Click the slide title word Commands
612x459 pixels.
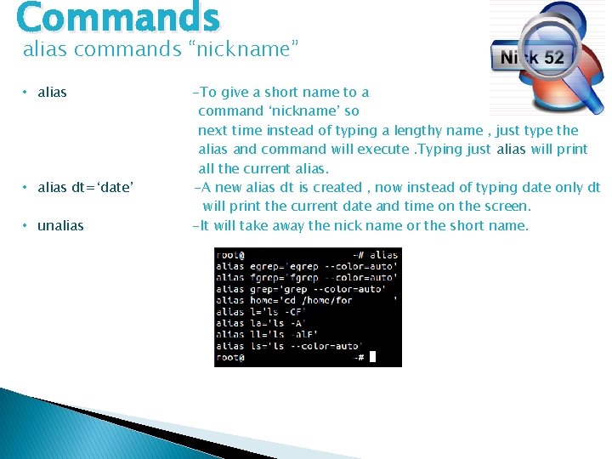point(117,17)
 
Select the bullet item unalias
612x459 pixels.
point(60,225)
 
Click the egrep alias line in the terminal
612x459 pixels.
point(306,266)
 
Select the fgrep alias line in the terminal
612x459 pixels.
point(306,277)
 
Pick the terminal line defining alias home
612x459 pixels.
point(306,300)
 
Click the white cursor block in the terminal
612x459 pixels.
point(372,358)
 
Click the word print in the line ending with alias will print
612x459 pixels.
point(570,150)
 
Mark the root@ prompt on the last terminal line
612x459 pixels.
point(229,358)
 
